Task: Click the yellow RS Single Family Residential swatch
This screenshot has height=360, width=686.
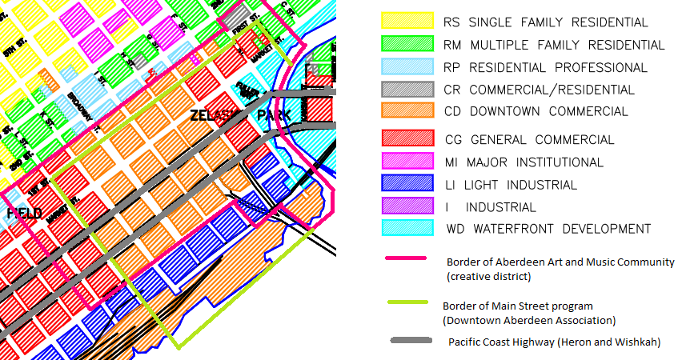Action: tap(407, 22)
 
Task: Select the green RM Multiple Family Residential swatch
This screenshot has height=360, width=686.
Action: tap(407, 45)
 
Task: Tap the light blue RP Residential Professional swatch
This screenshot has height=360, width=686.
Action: tap(407, 67)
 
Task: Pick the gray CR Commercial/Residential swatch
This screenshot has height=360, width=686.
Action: tap(407, 90)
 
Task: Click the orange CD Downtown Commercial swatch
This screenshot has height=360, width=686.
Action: tap(407, 111)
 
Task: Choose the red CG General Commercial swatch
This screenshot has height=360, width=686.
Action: tap(407, 140)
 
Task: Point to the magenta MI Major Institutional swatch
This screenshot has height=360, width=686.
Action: tap(407, 162)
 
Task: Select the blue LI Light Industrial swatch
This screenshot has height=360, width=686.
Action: tap(407, 185)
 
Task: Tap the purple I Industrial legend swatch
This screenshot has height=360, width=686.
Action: tap(407, 207)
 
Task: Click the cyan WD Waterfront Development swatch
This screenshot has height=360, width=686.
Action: tap(407, 229)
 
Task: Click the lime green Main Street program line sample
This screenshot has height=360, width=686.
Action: tap(409, 302)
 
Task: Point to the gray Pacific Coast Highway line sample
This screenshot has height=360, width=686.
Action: tap(413, 342)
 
